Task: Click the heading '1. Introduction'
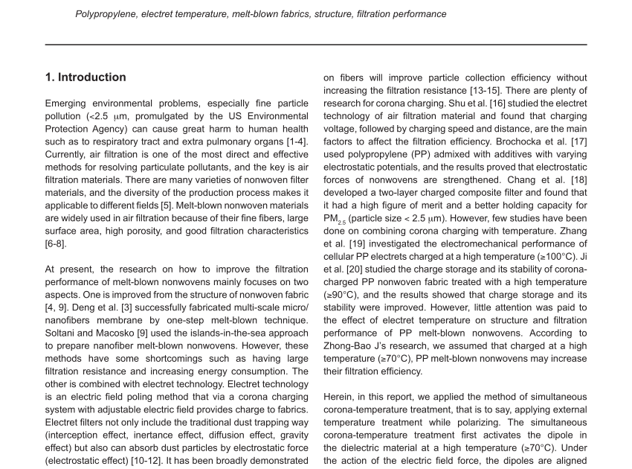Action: pos(86,77)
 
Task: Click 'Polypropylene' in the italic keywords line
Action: pos(105,14)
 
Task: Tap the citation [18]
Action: pos(577,179)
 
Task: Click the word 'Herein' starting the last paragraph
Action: pos(338,398)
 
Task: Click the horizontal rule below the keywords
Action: pos(316,45)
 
